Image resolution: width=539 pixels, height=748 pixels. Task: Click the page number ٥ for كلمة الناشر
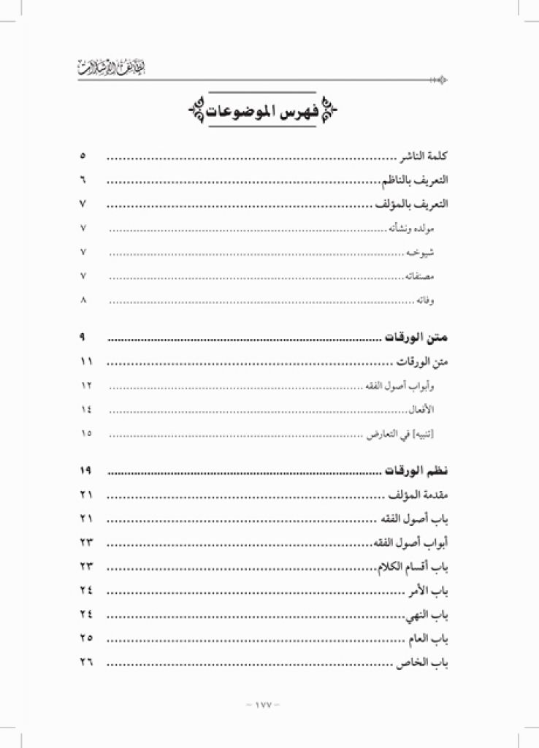point(83,156)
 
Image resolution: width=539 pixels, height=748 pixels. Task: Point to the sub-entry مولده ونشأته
point(413,229)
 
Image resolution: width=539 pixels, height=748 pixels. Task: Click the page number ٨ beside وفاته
point(83,299)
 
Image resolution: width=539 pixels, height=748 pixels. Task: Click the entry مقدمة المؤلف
point(416,495)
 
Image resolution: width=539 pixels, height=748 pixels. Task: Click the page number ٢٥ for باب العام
point(86,637)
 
